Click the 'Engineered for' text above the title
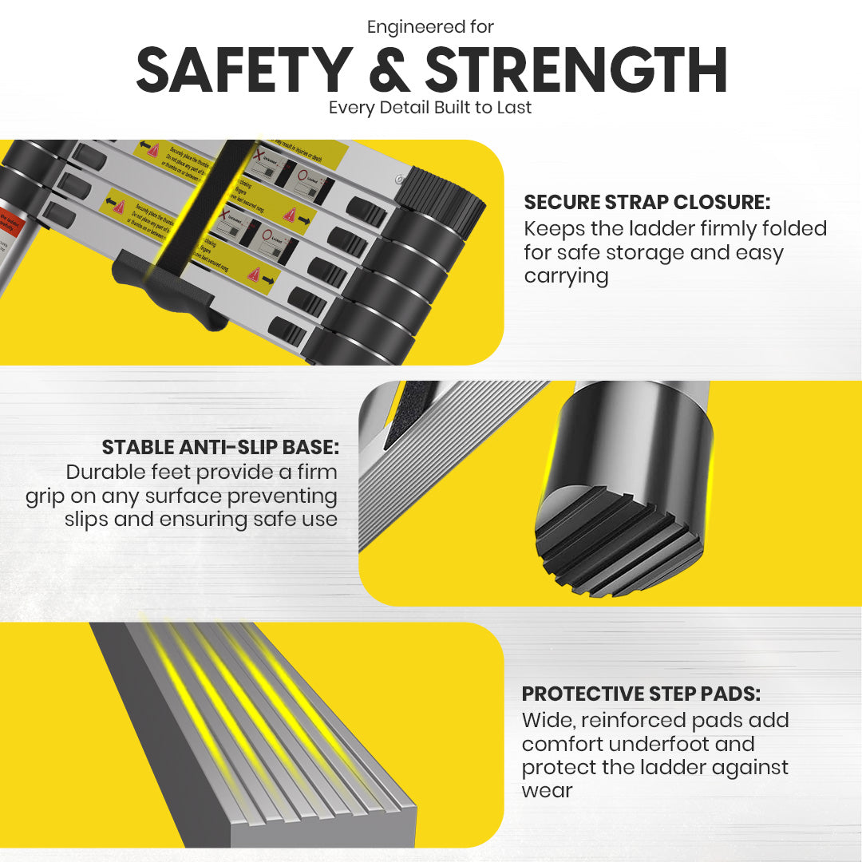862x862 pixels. point(430,26)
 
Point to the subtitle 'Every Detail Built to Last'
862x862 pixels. point(430,107)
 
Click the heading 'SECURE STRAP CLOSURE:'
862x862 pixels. point(646,203)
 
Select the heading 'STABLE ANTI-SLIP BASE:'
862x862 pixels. point(220,447)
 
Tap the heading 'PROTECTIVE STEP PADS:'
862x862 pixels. point(641,694)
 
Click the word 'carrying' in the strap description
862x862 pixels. point(566,276)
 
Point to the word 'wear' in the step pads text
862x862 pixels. point(547,791)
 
